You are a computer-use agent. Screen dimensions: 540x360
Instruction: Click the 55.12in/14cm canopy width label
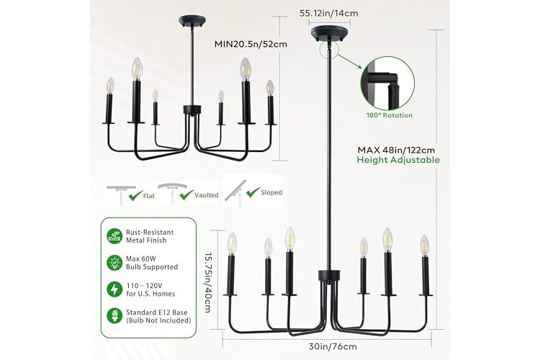328,14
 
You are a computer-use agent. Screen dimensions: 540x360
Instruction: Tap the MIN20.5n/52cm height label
251,44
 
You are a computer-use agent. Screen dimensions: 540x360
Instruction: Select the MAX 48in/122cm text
396,150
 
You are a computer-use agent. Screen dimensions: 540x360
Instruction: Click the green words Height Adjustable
398,160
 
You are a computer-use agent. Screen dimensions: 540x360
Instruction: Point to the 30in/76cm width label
333,346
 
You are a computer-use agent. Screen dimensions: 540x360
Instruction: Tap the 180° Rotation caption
389,115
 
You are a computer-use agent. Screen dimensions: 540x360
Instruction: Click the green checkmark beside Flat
135,196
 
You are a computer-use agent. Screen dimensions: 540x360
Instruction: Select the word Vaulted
207,195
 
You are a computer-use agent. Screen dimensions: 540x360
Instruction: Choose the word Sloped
271,192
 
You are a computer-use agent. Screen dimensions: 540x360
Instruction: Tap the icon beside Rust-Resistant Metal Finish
114,236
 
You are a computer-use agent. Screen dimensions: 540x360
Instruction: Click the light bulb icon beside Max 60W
114,263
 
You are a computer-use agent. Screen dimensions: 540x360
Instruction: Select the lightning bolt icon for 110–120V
114,289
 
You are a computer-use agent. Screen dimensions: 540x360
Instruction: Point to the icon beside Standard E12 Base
114,316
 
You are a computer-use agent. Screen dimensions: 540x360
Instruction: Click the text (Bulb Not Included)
158,320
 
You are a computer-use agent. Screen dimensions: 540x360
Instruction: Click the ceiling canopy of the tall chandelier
329,34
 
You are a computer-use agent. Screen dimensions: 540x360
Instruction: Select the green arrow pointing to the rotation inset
348,61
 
